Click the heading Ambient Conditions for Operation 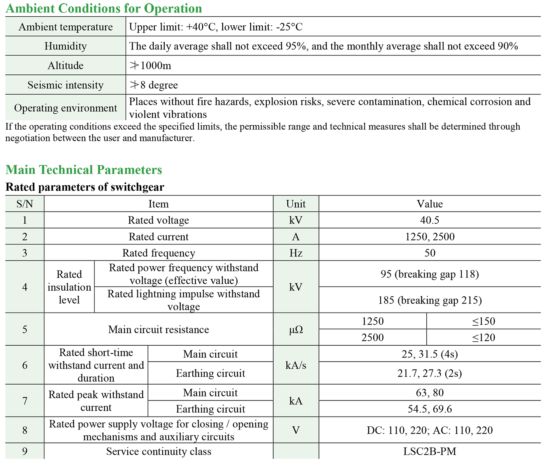click(104, 8)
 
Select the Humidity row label click(65, 46)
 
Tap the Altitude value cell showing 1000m click(150, 65)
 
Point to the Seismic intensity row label click(65, 85)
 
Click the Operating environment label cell click(65, 108)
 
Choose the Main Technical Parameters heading click(84, 170)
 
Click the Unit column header click(296, 204)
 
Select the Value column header click(430, 204)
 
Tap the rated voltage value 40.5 click(430, 220)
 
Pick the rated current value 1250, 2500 click(430, 237)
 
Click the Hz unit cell click(296, 253)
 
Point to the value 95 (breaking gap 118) click(430, 274)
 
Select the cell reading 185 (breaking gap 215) click(430, 300)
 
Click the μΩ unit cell click(296, 330)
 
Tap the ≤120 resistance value click(484, 337)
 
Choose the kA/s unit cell click(296, 365)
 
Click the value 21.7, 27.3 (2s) click(430, 373)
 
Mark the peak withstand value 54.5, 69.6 click(430, 409)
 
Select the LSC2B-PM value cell click(430, 452)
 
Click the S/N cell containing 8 click(25, 430)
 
